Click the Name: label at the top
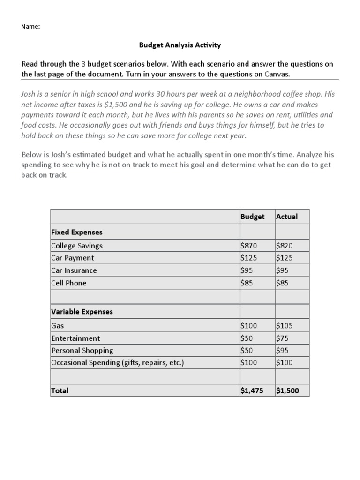click(x=30, y=27)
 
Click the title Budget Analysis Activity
click(x=180, y=45)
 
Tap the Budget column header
click(x=252, y=217)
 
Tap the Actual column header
click(x=287, y=217)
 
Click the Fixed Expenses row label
click(x=77, y=232)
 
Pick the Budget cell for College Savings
click(x=249, y=246)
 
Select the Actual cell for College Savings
click(x=285, y=246)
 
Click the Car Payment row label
click(x=73, y=258)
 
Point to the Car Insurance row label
click(x=74, y=270)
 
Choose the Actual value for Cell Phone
click(x=283, y=283)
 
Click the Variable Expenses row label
click(x=82, y=311)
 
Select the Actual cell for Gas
click(x=285, y=325)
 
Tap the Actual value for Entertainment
click(x=283, y=338)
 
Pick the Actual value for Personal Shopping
click(x=283, y=350)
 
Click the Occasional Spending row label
click(x=118, y=363)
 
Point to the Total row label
click(x=60, y=390)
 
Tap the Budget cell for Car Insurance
click(x=247, y=270)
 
